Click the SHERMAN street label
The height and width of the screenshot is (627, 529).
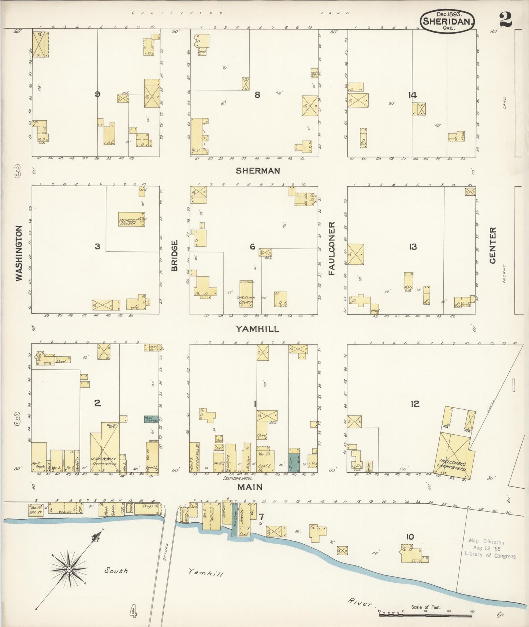258,170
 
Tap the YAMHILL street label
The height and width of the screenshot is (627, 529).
257,329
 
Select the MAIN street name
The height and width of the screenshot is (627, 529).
250,487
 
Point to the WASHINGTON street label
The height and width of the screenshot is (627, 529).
19,253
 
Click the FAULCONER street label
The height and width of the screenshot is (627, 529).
332,248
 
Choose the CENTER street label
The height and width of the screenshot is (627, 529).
492,245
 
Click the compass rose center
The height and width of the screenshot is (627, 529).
69,570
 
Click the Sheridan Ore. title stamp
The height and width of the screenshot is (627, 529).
447,21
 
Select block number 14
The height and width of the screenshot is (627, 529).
412,95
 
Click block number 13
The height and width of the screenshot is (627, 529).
413,247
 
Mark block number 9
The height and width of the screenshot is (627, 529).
97,94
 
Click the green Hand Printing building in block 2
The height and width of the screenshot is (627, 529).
151,419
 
